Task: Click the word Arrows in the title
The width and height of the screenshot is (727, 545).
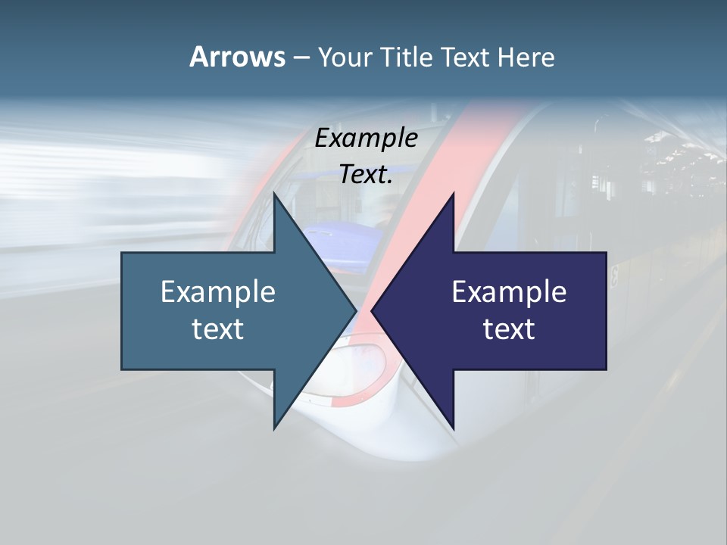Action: (237, 57)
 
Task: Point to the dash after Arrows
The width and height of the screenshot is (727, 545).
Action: (301, 58)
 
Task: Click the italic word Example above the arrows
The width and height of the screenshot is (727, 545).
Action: (366, 139)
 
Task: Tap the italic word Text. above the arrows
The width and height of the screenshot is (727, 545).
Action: (366, 174)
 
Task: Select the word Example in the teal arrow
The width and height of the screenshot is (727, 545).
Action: (218, 292)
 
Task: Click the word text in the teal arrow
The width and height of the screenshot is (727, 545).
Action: (218, 329)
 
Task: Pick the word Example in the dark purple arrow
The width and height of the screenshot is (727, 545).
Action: (509, 292)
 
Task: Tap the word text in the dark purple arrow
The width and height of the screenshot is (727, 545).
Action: (509, 329)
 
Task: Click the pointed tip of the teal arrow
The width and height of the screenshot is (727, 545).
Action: (354, 310)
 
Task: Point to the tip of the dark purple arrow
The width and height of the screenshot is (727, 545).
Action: (373, 310)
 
